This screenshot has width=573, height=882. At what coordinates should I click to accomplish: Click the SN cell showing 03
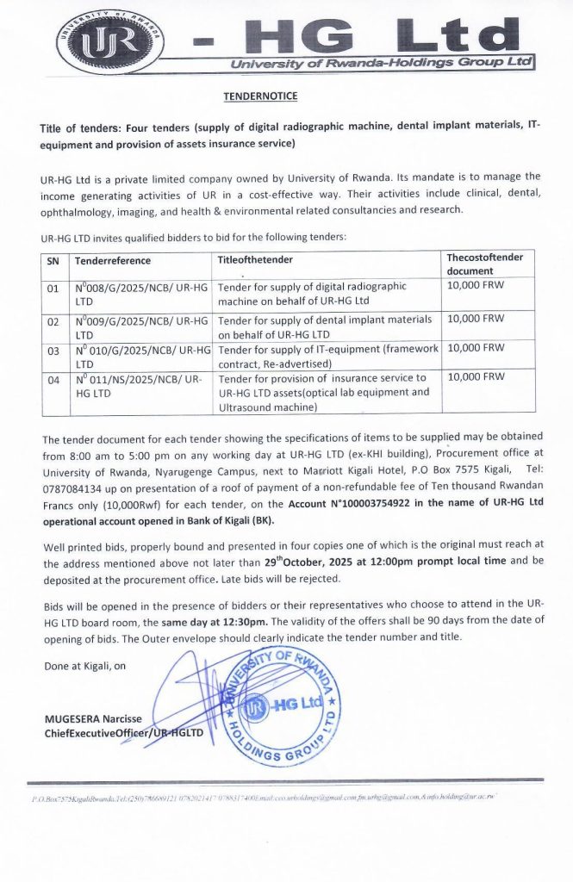point(53,350)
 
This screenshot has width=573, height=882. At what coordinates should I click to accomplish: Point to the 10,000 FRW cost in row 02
point(476,319)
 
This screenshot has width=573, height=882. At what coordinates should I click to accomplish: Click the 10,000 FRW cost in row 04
point(476,377)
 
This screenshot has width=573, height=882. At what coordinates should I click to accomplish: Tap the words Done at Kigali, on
point(84,665)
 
